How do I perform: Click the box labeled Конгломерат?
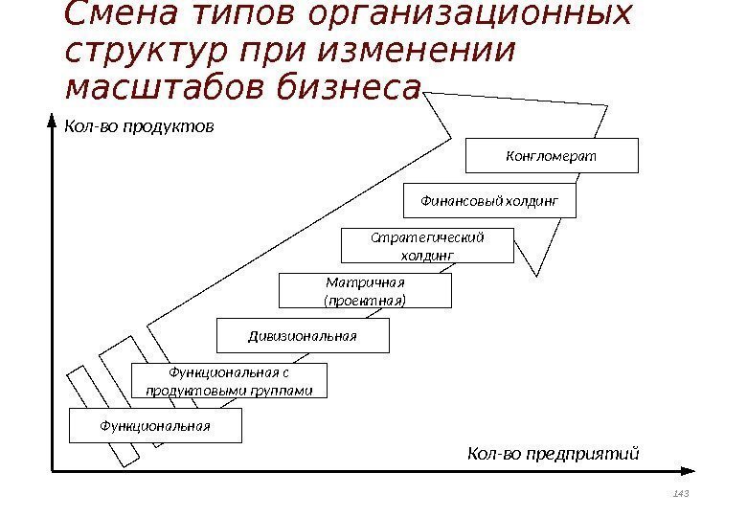point(551,155)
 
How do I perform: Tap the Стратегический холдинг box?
point(427,245)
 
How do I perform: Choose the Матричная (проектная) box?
point(365,290)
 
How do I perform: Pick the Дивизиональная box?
point(303,336)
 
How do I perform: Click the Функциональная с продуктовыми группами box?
point(228,381)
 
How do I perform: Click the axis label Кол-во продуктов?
point(138,126)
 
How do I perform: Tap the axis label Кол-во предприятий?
point(553,453)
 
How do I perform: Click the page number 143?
point(681,493)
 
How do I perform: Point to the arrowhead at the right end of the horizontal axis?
point(688,471)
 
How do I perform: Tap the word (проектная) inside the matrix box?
point(365,300)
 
